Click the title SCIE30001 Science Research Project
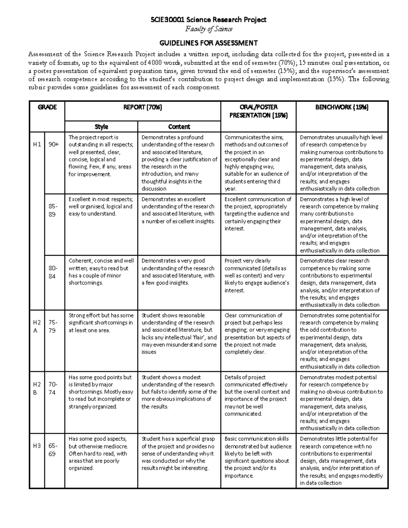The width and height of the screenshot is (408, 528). (208, 20)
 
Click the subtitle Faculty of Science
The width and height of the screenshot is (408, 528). (208, 29)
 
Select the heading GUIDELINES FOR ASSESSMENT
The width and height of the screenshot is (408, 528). (208, 43)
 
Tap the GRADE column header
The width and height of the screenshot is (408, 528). (47, 107)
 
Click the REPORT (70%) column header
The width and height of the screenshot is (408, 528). (142, 107)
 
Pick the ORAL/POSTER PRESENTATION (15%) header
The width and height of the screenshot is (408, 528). (258, 111)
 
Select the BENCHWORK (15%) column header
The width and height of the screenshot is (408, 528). (342, 107)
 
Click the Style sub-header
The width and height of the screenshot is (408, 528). (101, 127)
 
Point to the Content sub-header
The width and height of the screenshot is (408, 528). (179, 127)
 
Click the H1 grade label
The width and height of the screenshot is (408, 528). (37, 144)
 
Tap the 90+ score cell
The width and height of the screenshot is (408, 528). (53, 144)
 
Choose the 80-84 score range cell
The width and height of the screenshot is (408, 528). (52, 272)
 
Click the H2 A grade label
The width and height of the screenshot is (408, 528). (37, 326)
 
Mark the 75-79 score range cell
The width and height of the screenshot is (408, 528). (53, 326)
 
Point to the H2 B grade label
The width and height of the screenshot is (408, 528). (37, 388)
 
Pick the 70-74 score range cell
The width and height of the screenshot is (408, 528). (53, 388)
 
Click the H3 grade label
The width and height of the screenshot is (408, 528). (37, 446)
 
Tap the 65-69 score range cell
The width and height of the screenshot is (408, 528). (53, 450)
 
